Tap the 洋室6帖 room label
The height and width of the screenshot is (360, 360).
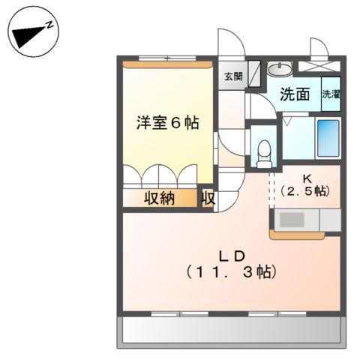166,124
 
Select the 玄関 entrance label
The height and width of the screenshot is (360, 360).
232,76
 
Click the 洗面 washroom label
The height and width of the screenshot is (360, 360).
295,95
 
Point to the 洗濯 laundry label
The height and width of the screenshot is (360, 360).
330,94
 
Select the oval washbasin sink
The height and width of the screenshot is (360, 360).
280,68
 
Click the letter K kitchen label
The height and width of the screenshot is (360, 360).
307,178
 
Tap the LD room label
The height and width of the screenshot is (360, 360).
232,253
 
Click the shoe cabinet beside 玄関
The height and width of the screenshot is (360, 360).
254,75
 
